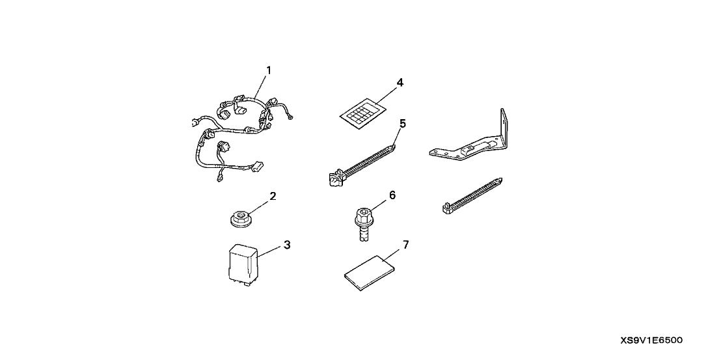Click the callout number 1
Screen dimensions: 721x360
point(269,70)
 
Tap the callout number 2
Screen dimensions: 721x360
point(273,197)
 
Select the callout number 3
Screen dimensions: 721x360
point(287,245)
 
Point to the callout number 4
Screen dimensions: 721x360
point(400,83)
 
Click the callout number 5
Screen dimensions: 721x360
point(403,123)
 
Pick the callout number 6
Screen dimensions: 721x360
point(392,195)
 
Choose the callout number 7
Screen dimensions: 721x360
point(405,245)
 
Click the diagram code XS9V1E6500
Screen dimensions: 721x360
point(651,340)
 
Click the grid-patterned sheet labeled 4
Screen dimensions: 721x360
point(362,113)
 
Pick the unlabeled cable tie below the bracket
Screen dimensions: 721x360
point(472,195)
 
